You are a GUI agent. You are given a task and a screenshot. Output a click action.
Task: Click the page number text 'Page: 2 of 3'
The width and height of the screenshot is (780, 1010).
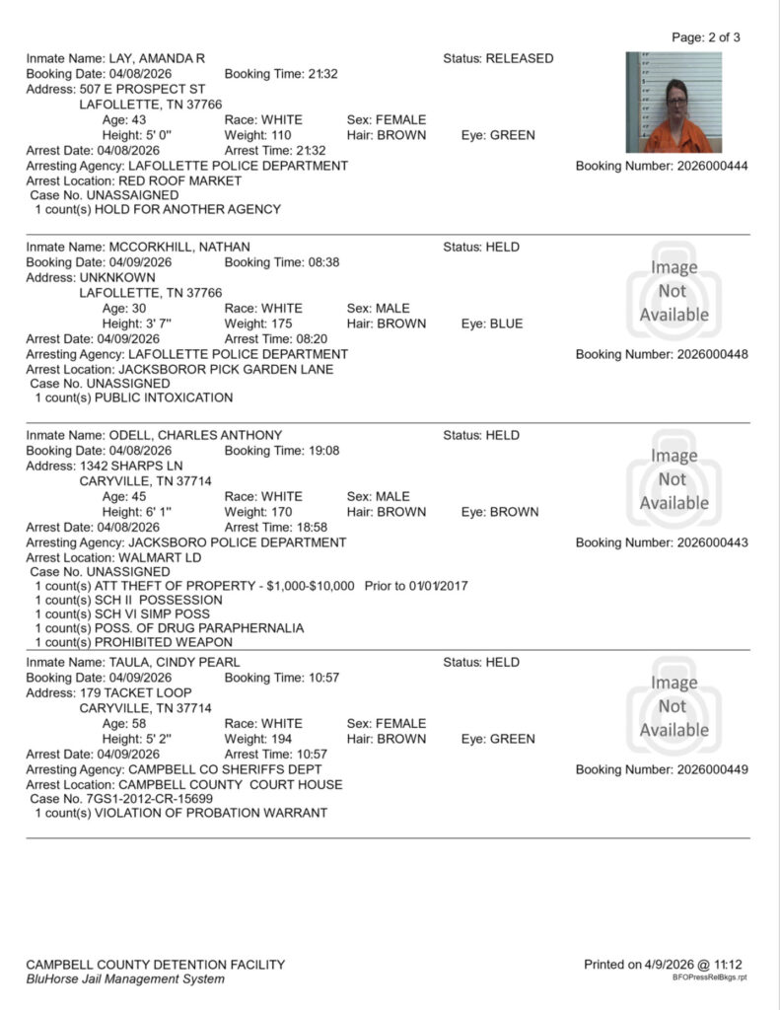pos(705,37)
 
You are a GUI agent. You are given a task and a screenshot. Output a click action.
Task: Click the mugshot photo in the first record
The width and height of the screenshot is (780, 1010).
pos(674,102)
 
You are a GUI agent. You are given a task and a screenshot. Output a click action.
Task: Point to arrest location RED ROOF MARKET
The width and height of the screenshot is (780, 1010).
pos(179,181)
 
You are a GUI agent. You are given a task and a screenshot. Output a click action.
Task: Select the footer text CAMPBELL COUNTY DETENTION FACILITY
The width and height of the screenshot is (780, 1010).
pos(156,965)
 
